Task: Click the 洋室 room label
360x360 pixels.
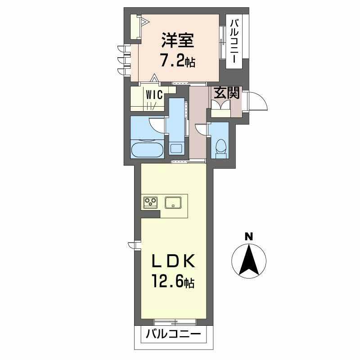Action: click(x=178, y=40)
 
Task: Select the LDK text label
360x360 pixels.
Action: click(x=174, y=261)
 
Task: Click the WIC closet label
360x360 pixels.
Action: click(x=154, y=95)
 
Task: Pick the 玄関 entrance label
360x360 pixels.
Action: click(x=227, y=92)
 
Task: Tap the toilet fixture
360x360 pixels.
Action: click(x=221, y=148)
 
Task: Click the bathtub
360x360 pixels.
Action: click(x=147, y=150)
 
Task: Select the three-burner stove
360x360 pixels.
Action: click(x=151, y=202)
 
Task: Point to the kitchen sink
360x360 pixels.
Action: click(x=173, y=202)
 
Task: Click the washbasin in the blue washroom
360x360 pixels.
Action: click(x=176, y=149)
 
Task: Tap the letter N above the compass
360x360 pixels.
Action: click(x=249, y=237)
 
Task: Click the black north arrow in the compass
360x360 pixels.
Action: click(x=249, y=260)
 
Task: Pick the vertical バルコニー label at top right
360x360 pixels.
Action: click(x=234, y=41)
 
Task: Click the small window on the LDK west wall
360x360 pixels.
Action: click(x=133, y=245)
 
